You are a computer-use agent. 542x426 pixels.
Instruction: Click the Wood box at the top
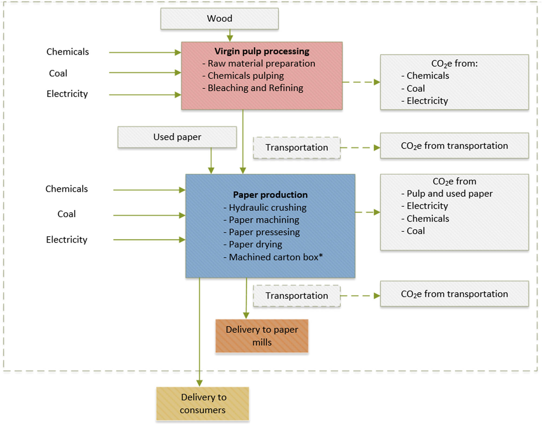pos(219,18)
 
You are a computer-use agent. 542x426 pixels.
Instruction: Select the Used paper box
pos(177,137)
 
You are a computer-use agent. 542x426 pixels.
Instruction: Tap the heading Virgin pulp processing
pos(262,51)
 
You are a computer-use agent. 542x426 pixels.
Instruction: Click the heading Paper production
pos(270,195)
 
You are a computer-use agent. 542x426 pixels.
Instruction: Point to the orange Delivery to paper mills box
pos(262,336)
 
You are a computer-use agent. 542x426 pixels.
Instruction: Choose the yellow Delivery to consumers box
pos(203,403)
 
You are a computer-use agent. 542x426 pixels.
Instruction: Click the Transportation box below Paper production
pos(297,296)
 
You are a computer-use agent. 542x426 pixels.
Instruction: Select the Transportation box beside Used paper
pos(297,148)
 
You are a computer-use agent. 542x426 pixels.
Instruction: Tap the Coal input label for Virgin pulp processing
pos(58,73)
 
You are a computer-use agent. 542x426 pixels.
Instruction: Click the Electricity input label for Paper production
pos(67,240)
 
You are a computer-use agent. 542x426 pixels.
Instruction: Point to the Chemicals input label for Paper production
pos(67,189)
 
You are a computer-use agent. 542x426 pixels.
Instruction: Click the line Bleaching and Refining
pos(255,88)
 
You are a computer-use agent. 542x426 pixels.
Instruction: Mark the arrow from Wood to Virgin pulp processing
pos(230,35)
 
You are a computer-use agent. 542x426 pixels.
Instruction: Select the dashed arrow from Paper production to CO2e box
pos(367,212)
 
